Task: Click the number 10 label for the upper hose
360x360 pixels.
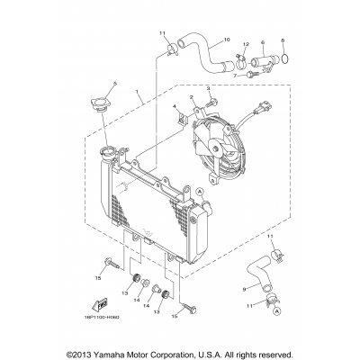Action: [226, 40]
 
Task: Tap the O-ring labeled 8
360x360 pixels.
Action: [284, 61]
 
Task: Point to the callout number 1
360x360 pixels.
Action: [138, 92]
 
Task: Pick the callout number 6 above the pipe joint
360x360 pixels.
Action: [261, 42]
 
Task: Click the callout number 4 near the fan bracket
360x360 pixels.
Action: [176, 107]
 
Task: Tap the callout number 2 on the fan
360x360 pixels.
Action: [192, 96]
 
